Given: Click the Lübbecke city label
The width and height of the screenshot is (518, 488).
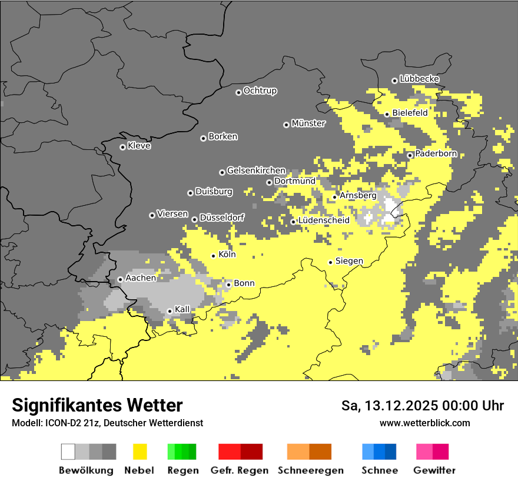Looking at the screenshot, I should click(419, 79).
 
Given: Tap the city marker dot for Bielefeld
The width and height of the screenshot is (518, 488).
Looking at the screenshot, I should click(387, 114).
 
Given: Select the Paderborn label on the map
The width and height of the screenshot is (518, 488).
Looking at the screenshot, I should click(436, 153).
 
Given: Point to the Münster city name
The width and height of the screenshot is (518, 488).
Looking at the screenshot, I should click(308, 123).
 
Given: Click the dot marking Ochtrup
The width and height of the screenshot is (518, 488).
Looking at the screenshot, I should click(238, 92).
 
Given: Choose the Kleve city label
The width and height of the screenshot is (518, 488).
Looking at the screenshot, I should click(139, 146).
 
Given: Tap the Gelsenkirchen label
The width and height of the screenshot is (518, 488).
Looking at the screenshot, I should click(256, 171).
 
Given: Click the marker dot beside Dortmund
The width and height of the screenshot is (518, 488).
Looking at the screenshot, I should click(269, 182).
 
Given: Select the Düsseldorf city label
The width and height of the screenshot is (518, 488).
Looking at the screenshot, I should click(221, 218).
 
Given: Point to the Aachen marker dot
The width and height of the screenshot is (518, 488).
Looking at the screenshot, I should click(120, 279).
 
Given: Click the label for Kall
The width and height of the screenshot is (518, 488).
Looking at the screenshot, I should click(182, 309).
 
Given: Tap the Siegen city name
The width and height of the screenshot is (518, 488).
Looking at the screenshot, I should click(349, 260).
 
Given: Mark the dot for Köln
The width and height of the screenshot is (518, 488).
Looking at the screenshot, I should click(214, 256).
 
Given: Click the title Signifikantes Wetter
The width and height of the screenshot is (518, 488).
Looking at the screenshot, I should click(97, 405).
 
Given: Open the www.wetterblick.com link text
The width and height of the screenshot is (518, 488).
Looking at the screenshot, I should click(424, 423).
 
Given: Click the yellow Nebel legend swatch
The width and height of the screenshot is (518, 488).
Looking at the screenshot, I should click(140, 452).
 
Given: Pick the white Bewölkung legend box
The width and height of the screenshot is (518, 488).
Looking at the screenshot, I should click(68, 452).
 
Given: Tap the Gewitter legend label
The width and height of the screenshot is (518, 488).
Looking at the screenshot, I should click(434, 470).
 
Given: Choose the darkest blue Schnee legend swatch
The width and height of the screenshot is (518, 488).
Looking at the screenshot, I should click(390, 452).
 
